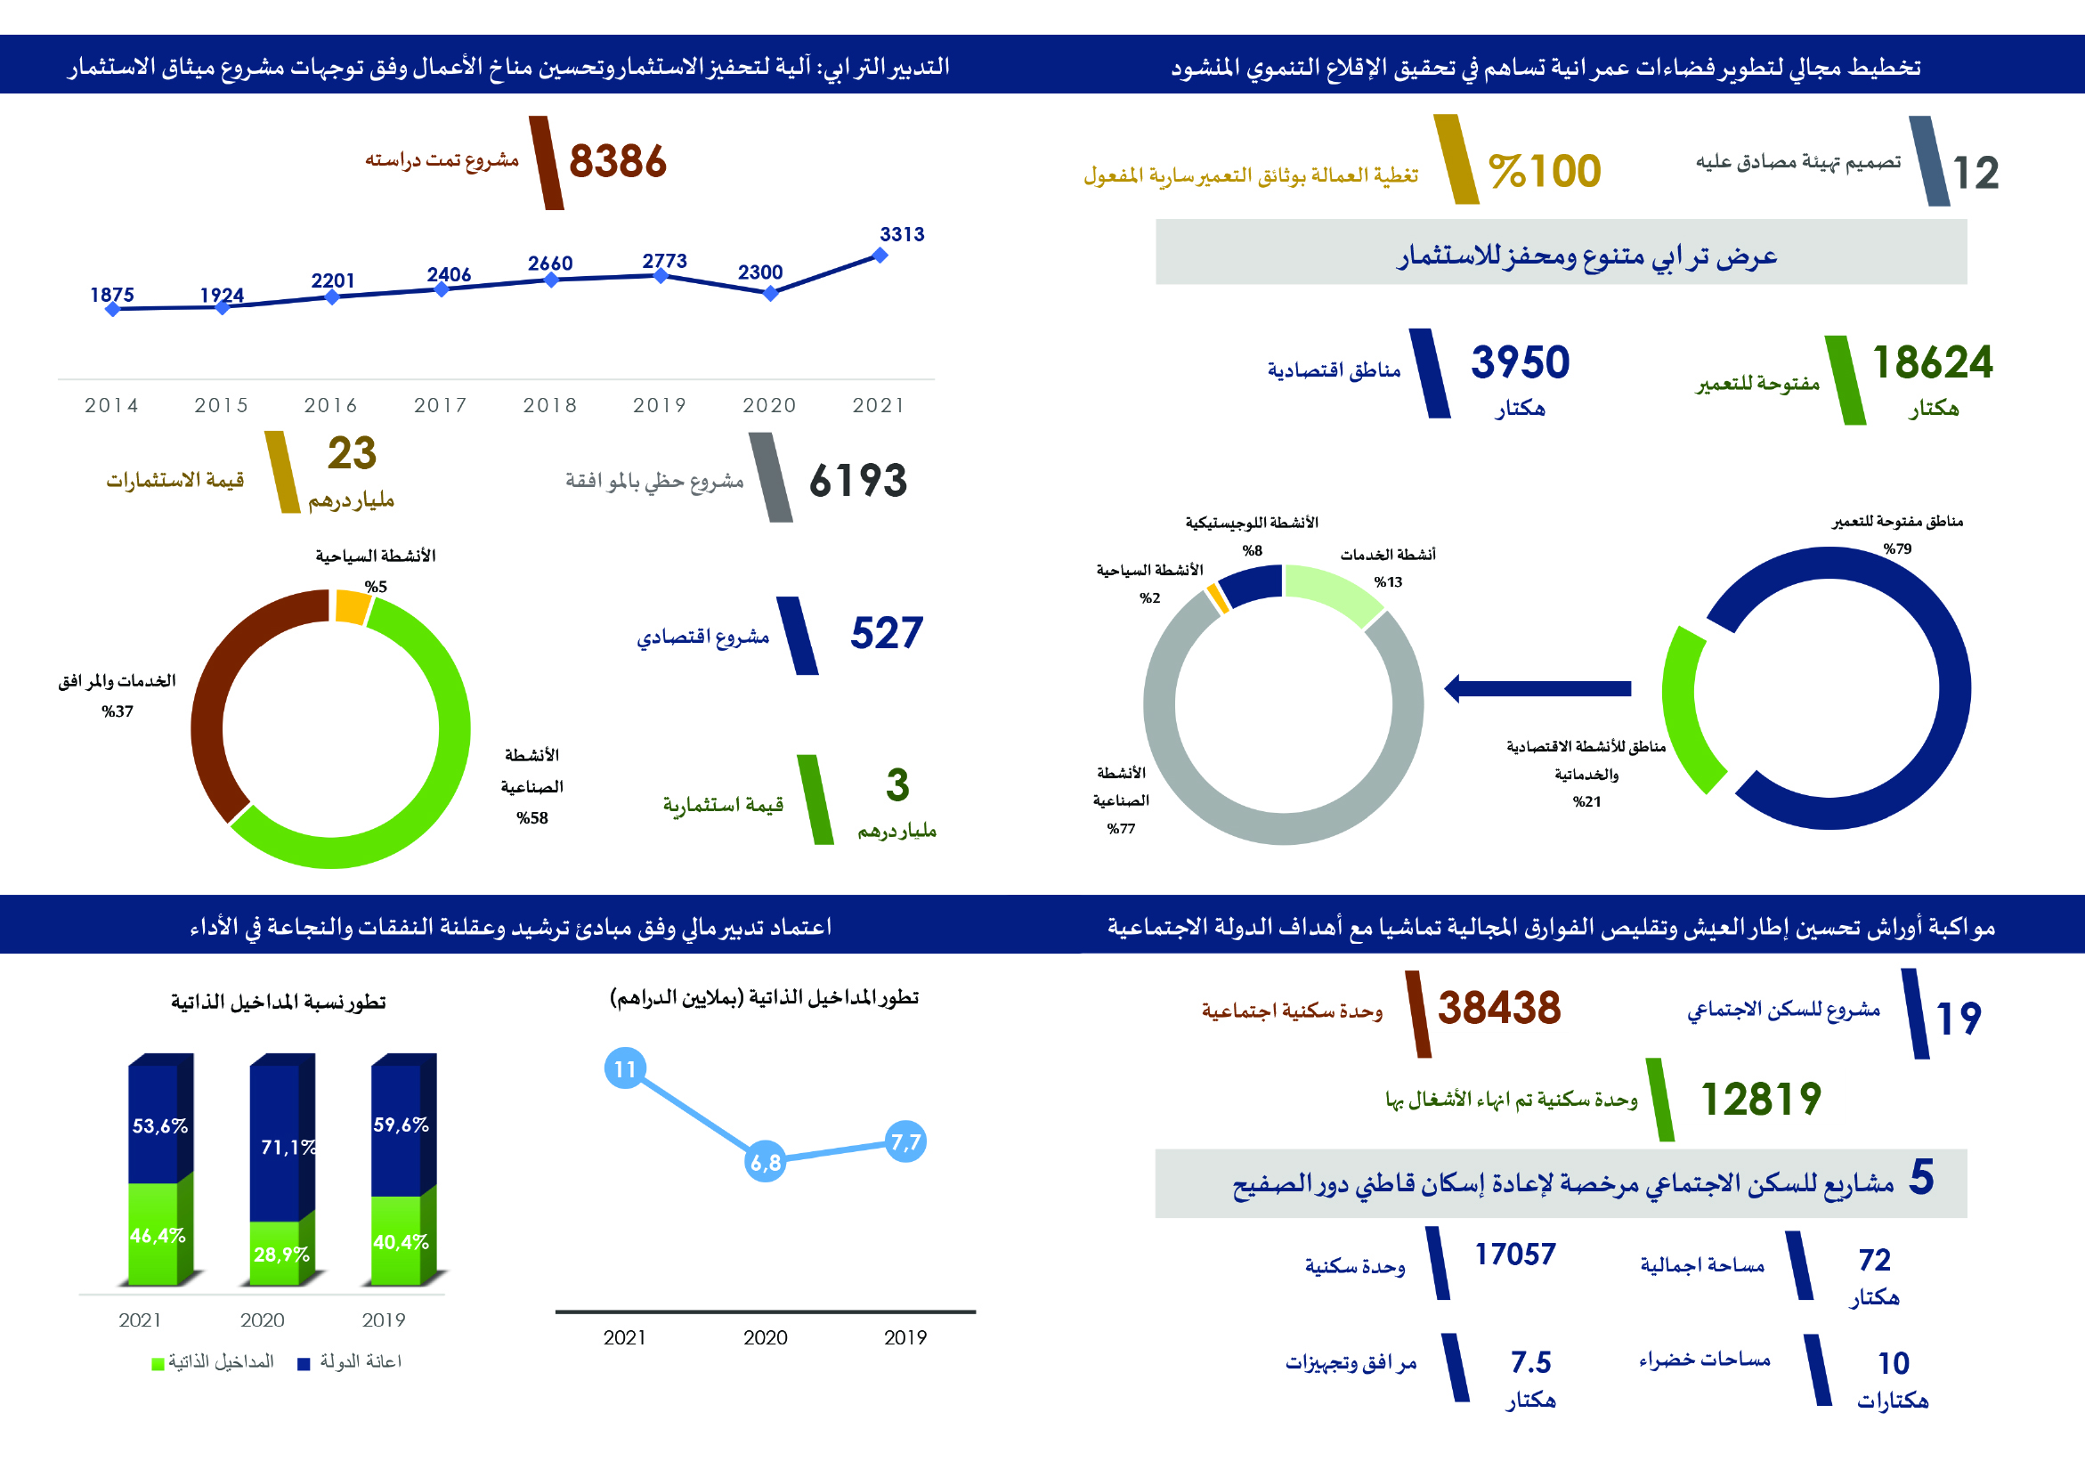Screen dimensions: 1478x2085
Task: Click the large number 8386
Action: tap(617, 162)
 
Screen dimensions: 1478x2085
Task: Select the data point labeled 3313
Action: tap(880, 256)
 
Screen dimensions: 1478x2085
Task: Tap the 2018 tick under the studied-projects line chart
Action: tap(549, 405)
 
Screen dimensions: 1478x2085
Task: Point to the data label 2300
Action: tap(760, 272)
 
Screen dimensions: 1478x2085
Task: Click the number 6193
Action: tap(857, 481)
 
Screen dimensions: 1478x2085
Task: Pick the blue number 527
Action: tap(887, 633)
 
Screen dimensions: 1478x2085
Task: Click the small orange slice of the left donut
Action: tap(352, 607)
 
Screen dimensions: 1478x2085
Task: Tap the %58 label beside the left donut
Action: tap(532, 818)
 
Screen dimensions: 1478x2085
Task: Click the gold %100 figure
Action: tap(1545, 171)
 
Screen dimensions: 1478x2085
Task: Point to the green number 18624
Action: tap(1932, 362)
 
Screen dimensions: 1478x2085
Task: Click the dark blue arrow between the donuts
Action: tap(1538, 688)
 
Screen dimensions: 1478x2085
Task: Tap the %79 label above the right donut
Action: tap(1897, 548)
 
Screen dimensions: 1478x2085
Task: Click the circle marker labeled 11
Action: tap(625, 1068)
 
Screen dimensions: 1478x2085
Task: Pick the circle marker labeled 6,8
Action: tap(766, 1162)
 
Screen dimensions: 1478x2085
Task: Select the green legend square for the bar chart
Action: tap(158, 1363)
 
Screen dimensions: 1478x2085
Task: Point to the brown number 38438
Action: tap(1499, 1009)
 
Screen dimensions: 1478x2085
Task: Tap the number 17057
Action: tap(1515, 1255)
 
